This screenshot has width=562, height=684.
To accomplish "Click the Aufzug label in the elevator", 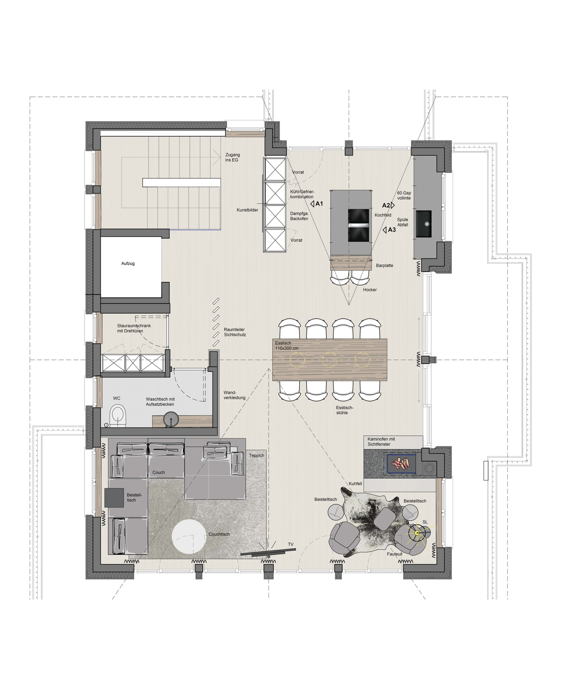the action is pos(128,264).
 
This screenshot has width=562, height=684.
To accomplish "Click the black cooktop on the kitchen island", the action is pos(359,225).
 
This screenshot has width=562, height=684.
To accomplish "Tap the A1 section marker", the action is pos(317,204).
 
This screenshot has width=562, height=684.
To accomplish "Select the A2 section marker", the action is pos(389,205).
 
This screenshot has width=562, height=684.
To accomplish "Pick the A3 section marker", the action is pos(389,230).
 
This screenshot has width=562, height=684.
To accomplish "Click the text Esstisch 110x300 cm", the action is pos(287,346).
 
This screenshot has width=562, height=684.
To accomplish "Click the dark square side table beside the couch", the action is pos(114,497).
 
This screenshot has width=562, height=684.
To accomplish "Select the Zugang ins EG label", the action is pos(233,157).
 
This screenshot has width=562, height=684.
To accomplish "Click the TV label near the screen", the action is pos(291,544).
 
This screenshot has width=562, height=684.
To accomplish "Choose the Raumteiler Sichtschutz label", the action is pos(235,332).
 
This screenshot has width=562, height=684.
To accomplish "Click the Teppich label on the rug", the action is pos(256,455).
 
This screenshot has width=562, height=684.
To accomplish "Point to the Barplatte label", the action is pos(385,266).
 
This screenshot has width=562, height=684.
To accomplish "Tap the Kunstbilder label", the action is pos(248,210).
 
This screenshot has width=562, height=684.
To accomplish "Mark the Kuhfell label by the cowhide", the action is pos(355,484).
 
